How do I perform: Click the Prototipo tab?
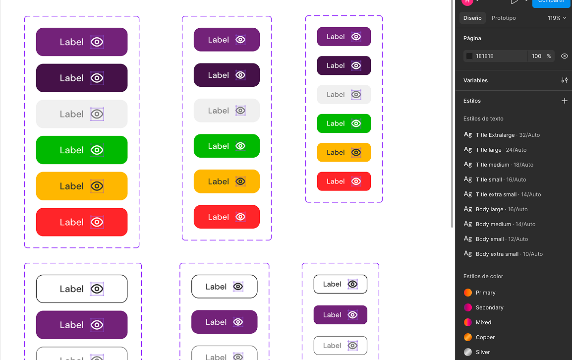click(504, 18)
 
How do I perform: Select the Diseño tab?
click(472, 18)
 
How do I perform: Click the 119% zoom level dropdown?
click(557, 18)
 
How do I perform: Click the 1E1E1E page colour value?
click(485, 56)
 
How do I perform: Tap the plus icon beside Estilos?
click(564, 101)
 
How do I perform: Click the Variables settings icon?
click(564, 80)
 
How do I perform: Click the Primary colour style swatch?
click(468, 293)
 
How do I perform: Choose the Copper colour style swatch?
click(468, 337)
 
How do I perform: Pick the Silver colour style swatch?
click(468, 352)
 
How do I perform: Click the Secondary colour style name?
click(489, 307)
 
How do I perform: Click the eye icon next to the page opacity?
click(564, 56)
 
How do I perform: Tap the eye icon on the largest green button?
click(97, 150)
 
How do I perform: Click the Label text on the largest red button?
click(72, 222)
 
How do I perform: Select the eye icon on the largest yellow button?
click(97, 186)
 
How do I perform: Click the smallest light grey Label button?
click(344, 94)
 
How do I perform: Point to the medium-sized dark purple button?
click(227, 75)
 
